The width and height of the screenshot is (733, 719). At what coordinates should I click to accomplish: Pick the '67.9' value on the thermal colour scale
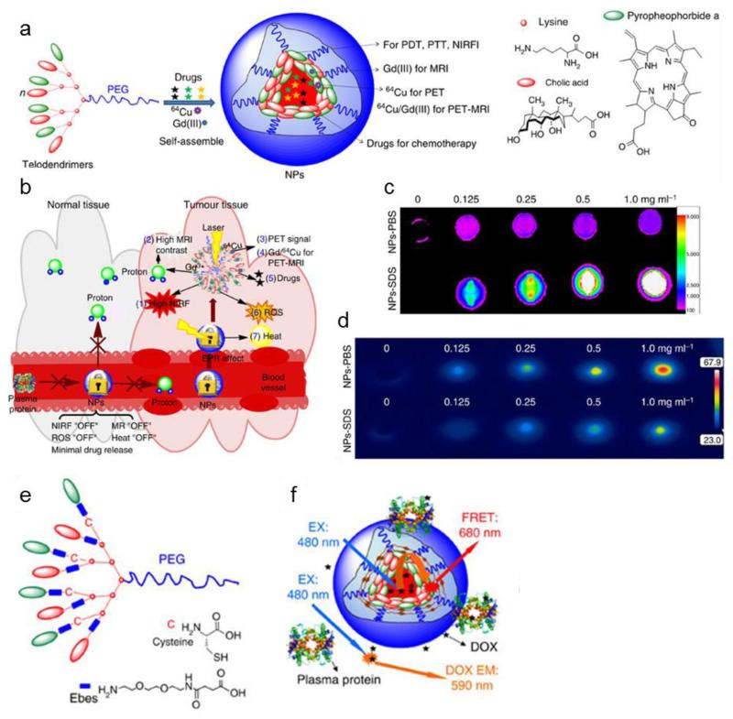click(712, 338)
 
